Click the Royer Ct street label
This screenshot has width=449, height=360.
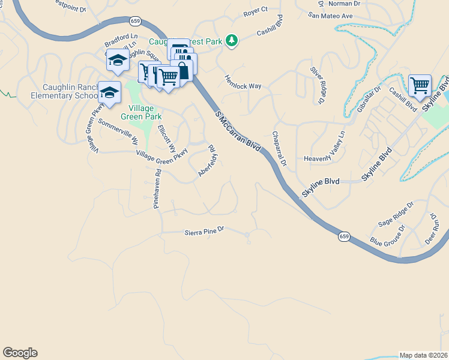pyautogui.click(x=255, y=13)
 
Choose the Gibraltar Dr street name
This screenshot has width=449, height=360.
pyautogui.click(x=369, y=99)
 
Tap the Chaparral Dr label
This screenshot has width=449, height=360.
pyautogui.click(x=280, y=149)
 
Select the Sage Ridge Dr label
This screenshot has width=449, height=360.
pyautogui.click(x=396, y=214)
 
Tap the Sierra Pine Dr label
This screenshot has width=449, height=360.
pyautogui.click(x=203, y=230)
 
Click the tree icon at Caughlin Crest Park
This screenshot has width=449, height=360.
pyautogui.click(x=232, y=41)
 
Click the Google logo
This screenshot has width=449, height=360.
pyautogui.click(x=20, y=353)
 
